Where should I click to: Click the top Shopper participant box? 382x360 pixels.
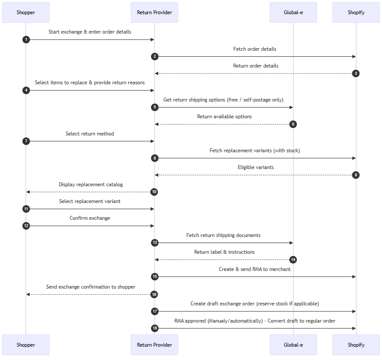26,12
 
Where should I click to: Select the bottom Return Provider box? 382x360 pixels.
154,345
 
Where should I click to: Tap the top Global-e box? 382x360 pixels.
293,12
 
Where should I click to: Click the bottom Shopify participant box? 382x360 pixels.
356,345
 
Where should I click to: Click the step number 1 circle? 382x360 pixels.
26,40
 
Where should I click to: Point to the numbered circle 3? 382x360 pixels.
356,74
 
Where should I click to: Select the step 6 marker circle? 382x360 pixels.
293,124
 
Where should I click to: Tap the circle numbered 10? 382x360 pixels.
154,192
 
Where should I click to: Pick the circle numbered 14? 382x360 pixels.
293,260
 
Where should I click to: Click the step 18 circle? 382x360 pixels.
155,328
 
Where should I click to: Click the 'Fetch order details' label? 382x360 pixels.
255,49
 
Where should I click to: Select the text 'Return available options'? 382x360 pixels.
224,117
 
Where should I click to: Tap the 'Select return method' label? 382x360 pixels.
90,134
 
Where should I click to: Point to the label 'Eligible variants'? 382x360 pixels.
256,167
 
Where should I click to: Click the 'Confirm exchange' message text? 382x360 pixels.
90,218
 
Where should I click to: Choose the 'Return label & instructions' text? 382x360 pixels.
224,252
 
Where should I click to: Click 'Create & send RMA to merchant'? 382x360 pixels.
255,269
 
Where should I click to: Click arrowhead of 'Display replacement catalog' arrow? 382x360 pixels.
28,192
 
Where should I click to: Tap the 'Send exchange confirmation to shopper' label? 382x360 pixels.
91,287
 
